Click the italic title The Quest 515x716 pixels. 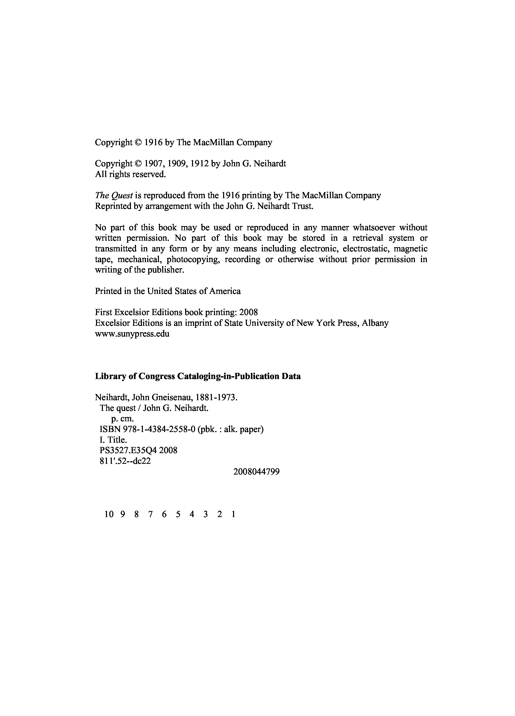114,196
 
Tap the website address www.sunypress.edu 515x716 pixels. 132,334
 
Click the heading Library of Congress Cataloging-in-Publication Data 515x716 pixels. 198,376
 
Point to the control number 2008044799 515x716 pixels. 256,472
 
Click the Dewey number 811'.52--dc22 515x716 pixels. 125,461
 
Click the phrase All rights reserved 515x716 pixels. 130,174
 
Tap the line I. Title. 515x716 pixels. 113,440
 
